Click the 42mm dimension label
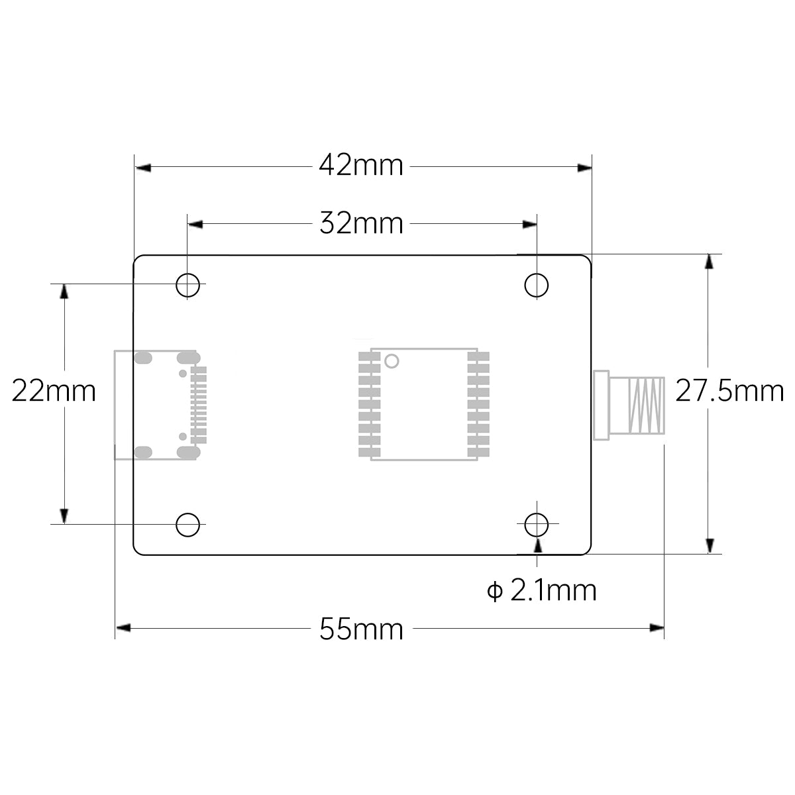tap(361, 165)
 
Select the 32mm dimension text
tap(361, 223)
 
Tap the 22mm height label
tap(54, 391)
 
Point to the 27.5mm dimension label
tap(729, 391)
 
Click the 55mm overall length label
tap(361, 628)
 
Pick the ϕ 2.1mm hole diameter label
tap(542, 590)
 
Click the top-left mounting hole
tap(188, 286)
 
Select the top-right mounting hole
tap(537, 286)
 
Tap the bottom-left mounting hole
tap(188, 525)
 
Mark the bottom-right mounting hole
tap(537, 525)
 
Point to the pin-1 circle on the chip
tap(392, 361)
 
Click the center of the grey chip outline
tap(424, 403)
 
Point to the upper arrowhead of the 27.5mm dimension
tap(709, 261)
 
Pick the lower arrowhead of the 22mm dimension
tap(64, 516)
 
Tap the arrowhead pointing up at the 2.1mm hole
tap(537, 545)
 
